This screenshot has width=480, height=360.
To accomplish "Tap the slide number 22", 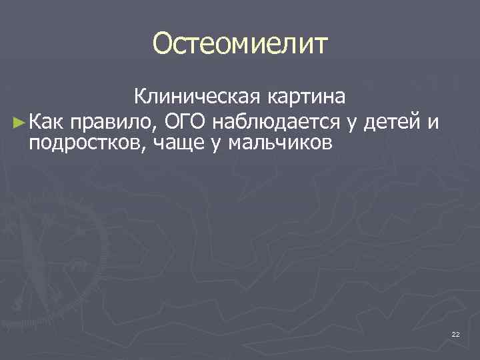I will coord(455,333).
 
